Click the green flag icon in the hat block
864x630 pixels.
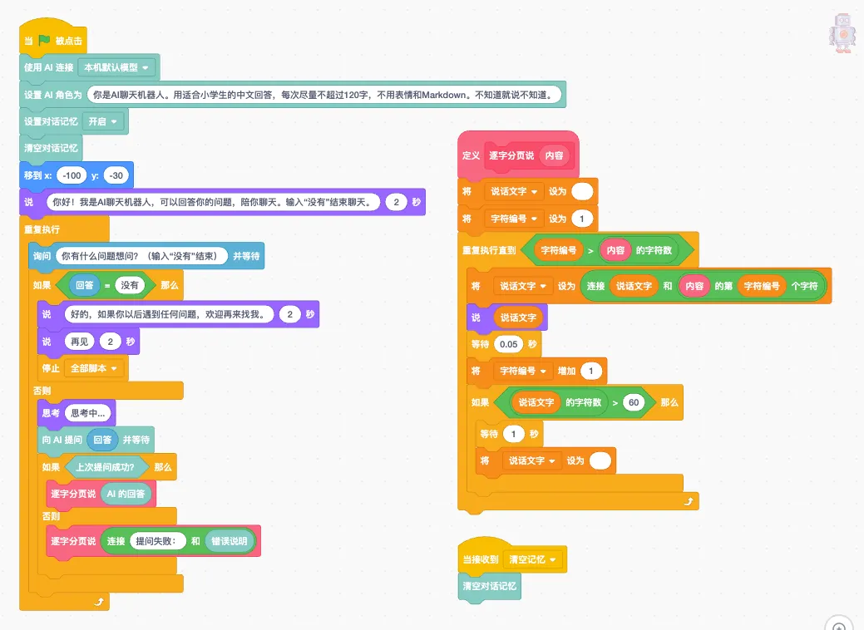coord(45,40)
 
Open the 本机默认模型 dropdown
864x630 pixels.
coord(116,67)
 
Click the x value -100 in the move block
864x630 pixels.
coord(72,175)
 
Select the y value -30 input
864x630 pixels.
coord(116,175)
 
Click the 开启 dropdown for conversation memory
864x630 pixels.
coord(102,121)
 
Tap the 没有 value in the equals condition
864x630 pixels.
coord(130,285)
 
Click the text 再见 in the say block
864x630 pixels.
coord(79,342)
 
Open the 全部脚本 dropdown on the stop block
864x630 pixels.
coord(94,368)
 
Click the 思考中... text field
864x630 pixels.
coord(87,412)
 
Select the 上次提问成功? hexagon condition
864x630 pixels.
coord(105,467)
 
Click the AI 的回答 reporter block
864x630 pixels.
coord(126,494)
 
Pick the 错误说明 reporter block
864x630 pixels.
coord(230,541)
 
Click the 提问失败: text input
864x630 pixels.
coord(156,541)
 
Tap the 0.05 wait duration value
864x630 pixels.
coord(509,344)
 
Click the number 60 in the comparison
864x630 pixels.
coord(634,402)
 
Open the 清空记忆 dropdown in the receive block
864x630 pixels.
coord(532,559)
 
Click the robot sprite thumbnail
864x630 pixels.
coord(842,33)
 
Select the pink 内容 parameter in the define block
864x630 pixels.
coord(555,155)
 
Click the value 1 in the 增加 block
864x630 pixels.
coord(590,371)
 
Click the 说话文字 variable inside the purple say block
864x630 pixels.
coord(518,317)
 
